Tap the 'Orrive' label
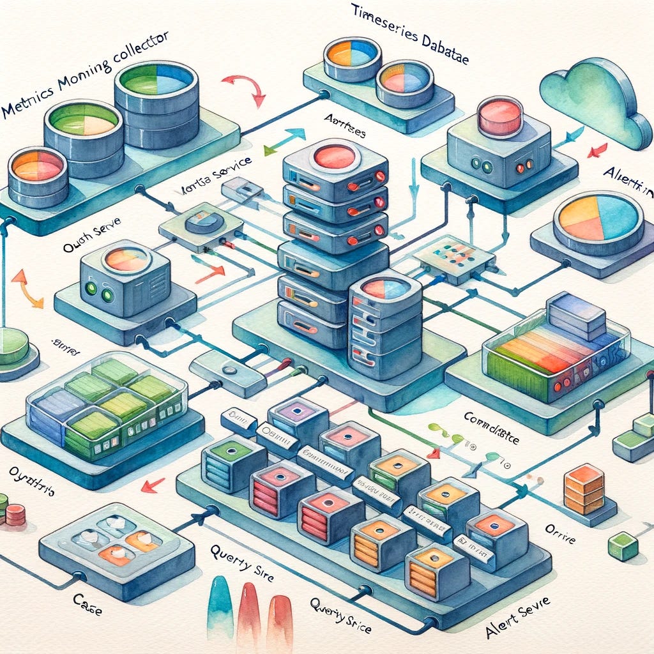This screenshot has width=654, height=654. click(559, 532)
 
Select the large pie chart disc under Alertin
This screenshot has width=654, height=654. click(593, 221)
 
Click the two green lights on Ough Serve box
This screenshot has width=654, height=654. click(98, 294)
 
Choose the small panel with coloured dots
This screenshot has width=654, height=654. click(454, 256)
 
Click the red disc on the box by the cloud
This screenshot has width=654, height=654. click(500, 114)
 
